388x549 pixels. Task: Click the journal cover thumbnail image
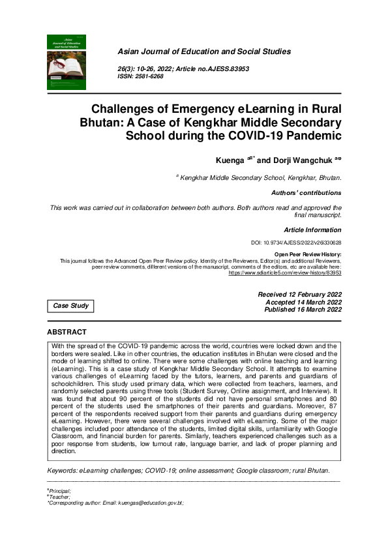coord(67,62)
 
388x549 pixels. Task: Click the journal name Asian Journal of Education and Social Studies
coord(204,52)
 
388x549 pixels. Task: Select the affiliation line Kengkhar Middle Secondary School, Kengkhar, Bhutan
coord(261,177)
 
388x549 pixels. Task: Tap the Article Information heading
coord(312,230)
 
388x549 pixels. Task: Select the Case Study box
coord(70,306)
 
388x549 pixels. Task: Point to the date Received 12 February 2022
coord(299,295)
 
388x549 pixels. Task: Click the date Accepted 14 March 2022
coord(303,303)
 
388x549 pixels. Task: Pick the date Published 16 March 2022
coord(303,310)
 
